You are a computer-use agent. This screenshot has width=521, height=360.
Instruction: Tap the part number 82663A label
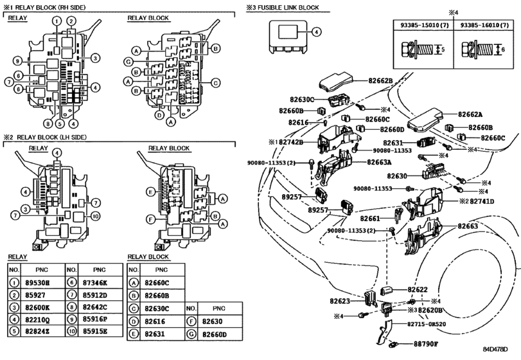[380, 163]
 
